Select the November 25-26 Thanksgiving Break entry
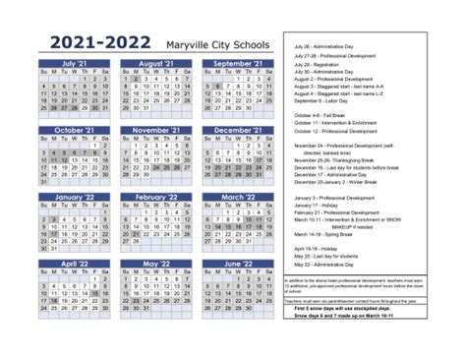tap(339, 159)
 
